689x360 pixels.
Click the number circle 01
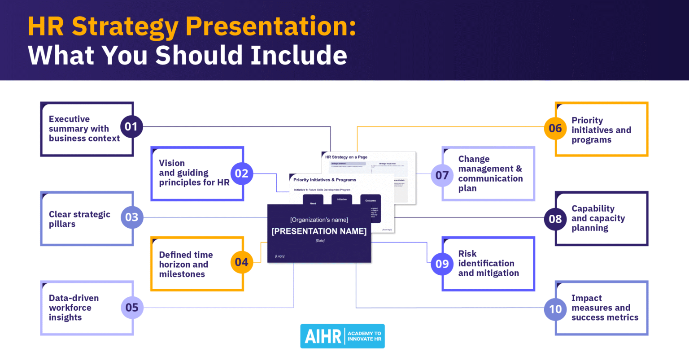[131, 126]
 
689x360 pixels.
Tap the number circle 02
[241, 173]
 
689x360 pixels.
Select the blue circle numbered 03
[132, 217]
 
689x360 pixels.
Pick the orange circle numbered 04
[241, 262]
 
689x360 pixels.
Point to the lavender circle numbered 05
[132, 308]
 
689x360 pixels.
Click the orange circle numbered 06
[555, 128]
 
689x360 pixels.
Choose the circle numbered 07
[442, 175]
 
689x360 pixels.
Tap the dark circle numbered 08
[555, 219]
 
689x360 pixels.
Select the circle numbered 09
[442, 264]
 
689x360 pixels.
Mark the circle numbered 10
[555, 309]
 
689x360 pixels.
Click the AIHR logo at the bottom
[342, 336]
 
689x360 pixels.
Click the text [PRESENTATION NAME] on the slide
[319, 231]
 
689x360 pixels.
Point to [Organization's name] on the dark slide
[319, 220]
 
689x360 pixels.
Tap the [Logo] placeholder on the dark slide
[279, 256]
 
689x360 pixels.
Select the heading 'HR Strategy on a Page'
[346, 157]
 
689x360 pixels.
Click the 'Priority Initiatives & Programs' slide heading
[325, 180]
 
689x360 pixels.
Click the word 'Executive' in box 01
[69, 119]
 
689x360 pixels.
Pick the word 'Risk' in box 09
[467, 254]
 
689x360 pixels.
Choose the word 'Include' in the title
[299, 56]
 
